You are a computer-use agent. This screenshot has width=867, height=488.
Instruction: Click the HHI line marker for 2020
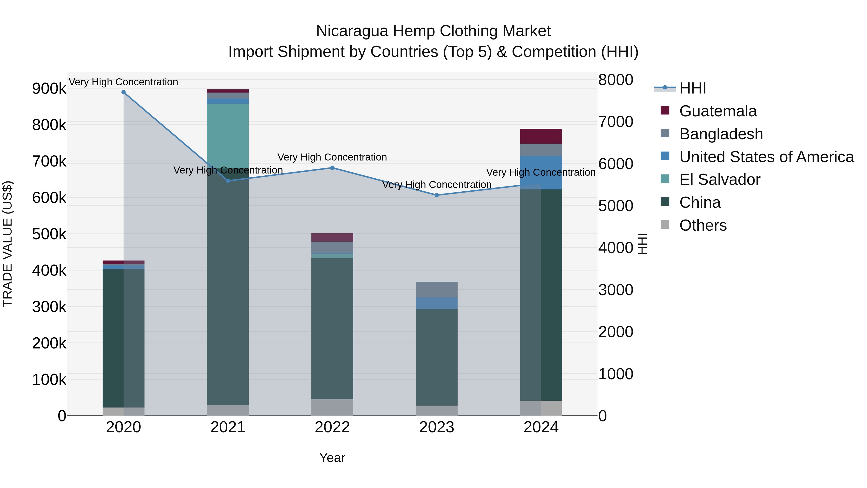point(124,92)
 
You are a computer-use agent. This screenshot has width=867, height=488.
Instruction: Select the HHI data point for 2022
point(332,168)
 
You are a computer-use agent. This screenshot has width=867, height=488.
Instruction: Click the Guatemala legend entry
point(718,111)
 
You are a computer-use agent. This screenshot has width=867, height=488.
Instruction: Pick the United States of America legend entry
point(766,157)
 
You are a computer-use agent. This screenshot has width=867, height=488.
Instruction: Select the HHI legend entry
point(692,88)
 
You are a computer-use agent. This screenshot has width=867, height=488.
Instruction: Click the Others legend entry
point(703,225)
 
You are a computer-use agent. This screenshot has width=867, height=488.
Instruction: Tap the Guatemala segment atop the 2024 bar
point(541,136)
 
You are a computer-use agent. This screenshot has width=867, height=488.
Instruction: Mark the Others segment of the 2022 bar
point(332,407)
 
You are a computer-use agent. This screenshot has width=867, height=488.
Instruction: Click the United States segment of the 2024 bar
point(541,173)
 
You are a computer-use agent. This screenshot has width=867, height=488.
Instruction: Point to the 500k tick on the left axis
point(49,234)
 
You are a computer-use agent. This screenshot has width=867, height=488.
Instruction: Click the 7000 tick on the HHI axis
point(616,122)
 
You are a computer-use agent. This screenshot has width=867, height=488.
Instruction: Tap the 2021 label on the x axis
point(228,427)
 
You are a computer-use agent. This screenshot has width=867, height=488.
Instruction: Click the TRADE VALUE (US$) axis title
point(7,244)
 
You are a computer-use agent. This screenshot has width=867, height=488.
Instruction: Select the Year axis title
point(332,458)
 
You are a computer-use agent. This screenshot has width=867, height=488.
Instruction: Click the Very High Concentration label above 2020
point(124,82)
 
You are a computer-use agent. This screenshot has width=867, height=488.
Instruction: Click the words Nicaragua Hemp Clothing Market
point(433,31)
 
